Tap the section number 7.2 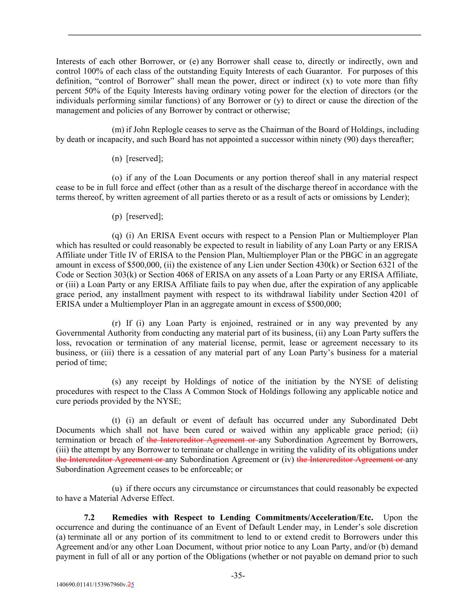[89, 518]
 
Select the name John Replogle [155, 130]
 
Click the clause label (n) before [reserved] [117, 158]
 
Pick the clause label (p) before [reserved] [117, 216]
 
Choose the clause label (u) [117, 488]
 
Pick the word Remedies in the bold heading [127, 518]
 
